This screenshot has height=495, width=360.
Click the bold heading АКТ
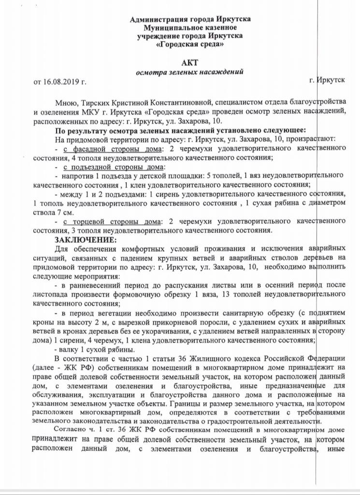click(x=190, y=63)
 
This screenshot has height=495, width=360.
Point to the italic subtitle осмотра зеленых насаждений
click(x=190, y=72)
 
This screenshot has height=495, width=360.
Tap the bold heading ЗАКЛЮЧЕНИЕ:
click(x=86, y=240)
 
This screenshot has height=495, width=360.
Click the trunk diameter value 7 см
click(x=66, y=213)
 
